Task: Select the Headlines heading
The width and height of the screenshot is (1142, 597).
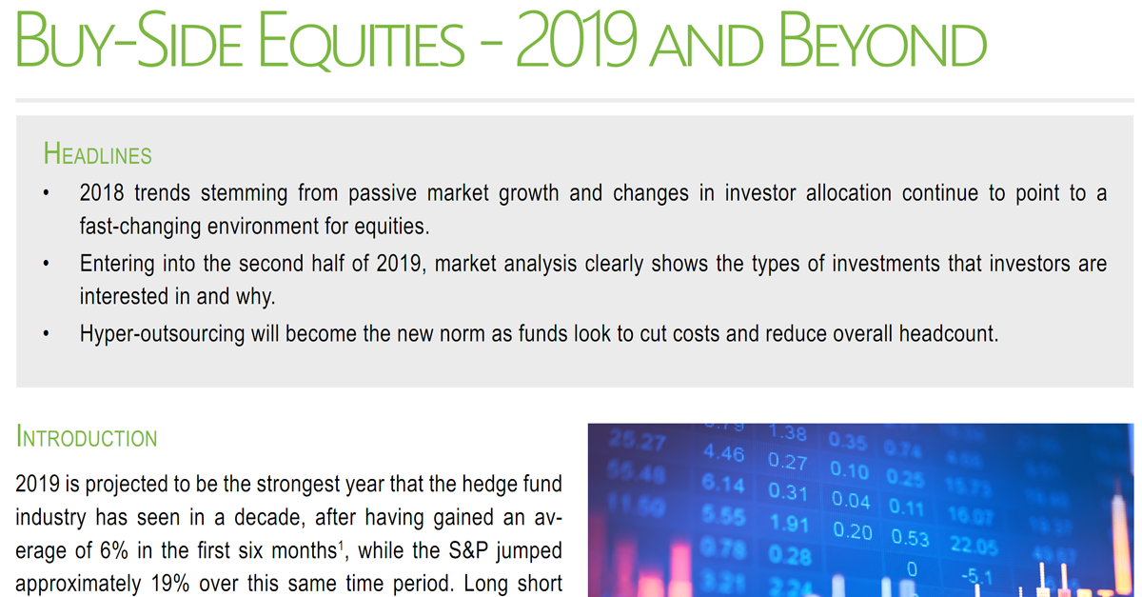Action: point(97,154)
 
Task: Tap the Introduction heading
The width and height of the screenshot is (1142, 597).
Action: point(87,439)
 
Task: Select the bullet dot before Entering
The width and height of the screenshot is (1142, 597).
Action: point(45,264)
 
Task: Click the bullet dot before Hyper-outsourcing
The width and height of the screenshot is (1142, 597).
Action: point(45,336)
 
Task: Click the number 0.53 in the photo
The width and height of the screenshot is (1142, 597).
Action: point(910,538)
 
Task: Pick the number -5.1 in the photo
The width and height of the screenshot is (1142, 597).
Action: point(977,576)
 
